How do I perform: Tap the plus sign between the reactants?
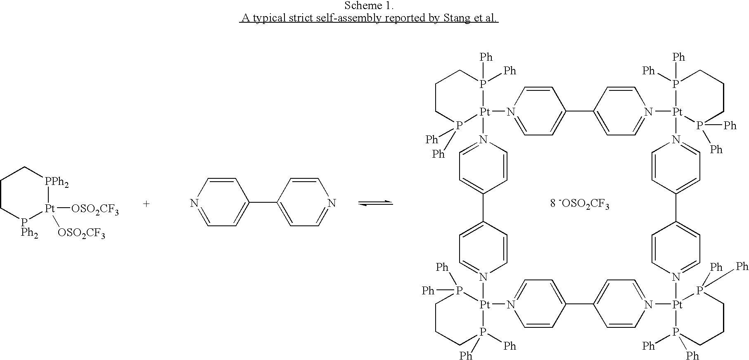146,204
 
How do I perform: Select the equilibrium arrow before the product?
375,203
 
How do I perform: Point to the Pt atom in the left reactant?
50,209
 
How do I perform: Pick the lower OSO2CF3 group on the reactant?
81,234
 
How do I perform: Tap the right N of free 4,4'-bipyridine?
332,203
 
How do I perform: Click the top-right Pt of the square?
676,111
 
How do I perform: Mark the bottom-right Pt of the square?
676,305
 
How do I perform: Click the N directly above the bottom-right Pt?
676,276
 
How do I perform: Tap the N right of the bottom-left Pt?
511,305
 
